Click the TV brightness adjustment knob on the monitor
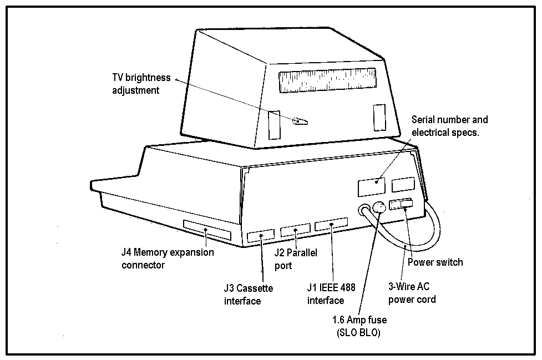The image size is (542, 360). point(300,121)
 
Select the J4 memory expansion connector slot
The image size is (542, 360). point(206,230)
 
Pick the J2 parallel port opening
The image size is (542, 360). point(295,231)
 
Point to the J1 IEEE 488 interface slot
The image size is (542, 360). point(331,226)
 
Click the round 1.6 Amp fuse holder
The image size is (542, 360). point(379,208)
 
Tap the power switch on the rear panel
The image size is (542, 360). point(401,205)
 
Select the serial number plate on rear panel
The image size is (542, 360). point(372,186)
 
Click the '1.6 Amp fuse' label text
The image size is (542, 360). point(359,320)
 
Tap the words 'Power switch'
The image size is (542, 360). point(435,262)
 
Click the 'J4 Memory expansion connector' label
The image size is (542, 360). point(167,258)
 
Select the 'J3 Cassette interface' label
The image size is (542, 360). point(248,295)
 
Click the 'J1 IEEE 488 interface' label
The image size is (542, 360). point(331,294)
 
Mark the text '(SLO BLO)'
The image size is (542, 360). point(358,333)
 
